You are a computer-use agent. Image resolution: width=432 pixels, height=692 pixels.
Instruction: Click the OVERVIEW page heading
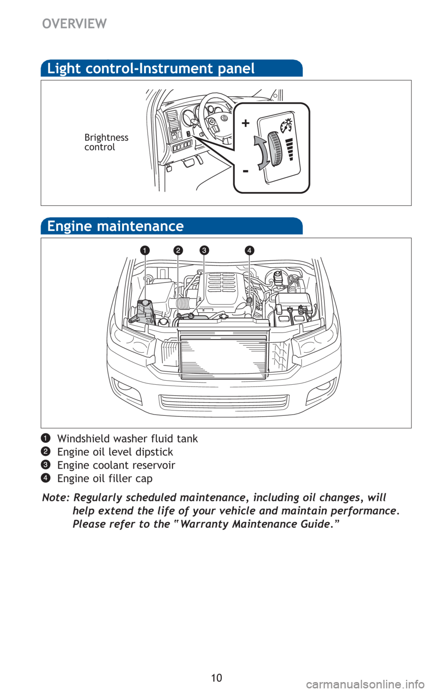(x=74, y=24)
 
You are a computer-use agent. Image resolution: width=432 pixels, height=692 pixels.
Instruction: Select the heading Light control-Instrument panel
(x=151, y=68)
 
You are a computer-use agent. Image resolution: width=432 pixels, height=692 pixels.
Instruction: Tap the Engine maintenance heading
(x=115, y=226)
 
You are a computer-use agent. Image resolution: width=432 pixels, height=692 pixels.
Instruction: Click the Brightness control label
(x=106, y=142)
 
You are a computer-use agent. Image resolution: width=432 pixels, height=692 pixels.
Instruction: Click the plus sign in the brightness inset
(x=245, y=123)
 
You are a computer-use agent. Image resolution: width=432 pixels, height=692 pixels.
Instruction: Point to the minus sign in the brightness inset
(x=245, y=171)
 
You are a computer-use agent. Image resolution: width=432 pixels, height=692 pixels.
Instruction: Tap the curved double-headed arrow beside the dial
(x=262, y=153)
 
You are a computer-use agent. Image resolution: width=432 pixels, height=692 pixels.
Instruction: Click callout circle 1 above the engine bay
(x=144, y=250)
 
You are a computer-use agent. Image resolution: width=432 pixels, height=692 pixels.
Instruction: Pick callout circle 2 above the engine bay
(x=179, y=250)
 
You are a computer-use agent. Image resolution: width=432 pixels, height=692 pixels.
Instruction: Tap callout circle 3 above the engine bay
(x=204, y=250)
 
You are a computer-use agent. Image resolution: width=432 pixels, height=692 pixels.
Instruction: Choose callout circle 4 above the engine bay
(x=249, y=250)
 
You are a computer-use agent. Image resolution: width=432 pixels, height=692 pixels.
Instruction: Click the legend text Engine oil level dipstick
(x=115, y=452)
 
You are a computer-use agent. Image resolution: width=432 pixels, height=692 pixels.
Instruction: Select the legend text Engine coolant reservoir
(x=116, y=465)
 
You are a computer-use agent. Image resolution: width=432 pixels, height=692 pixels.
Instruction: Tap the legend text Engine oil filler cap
(x=105, y=478)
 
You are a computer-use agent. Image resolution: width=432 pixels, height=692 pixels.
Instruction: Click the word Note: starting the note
(x=56, y=498)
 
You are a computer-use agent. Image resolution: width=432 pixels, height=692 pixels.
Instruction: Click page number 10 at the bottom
(x=216, y=678)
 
